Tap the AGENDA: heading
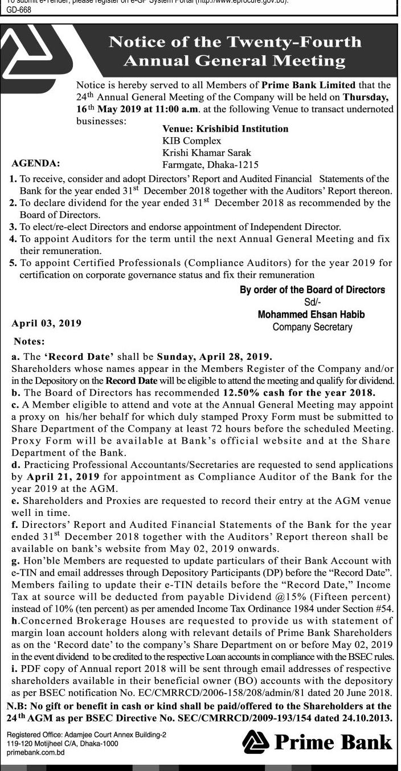point(36,162)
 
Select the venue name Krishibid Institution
point(225,129)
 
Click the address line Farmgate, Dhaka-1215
point(206,163)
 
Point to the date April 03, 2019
point(47,323)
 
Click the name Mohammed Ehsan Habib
point(312,314)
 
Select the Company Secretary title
point(312,327)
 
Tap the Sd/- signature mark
point(313,302)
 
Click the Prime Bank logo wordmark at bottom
point(317,741)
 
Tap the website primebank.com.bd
point(35,752)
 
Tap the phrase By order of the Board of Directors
point(312,290)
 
